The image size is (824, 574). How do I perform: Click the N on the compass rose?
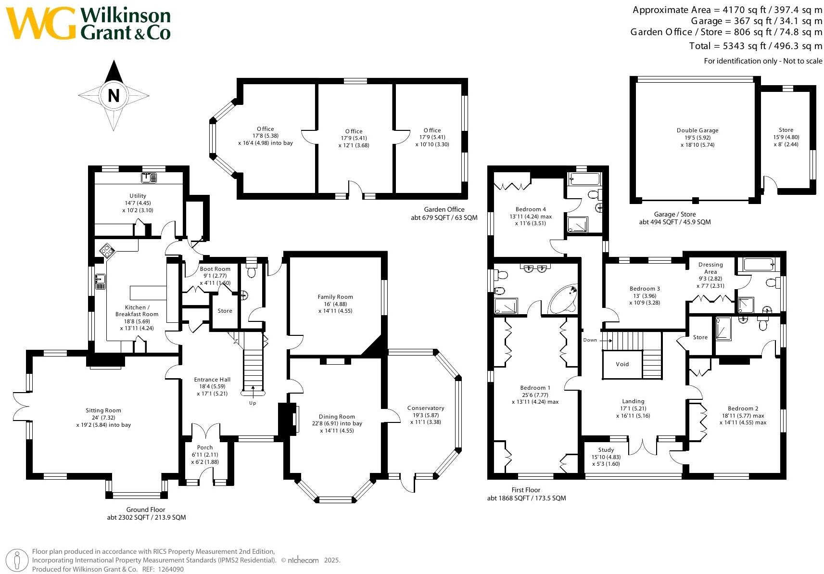(x=114, y=96)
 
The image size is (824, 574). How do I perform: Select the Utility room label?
(x=138, y=196)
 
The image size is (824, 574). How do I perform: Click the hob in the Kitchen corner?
(x=107, y=251)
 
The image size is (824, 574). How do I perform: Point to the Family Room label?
(x=335, y=297)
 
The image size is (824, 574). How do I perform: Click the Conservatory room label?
(x=426, y=408)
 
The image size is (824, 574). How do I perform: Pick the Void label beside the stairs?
(x=622, y=364)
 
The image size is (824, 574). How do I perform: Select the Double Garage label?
(x=697, y=130)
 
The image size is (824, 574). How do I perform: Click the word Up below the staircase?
(x=253, y=403)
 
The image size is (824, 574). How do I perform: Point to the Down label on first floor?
(x=590, y=340)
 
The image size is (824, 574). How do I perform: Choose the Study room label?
(x=606, y=450)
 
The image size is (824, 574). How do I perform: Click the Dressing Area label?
(x=710, y=268)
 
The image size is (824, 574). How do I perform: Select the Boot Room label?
(x=215, y=269)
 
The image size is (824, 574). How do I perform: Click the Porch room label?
(x=205, y=447)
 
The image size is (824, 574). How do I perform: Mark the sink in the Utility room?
(x=149, y=178)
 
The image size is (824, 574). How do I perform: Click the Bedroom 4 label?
(x=531, y=209)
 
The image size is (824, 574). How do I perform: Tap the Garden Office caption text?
(x=444, y=209)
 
